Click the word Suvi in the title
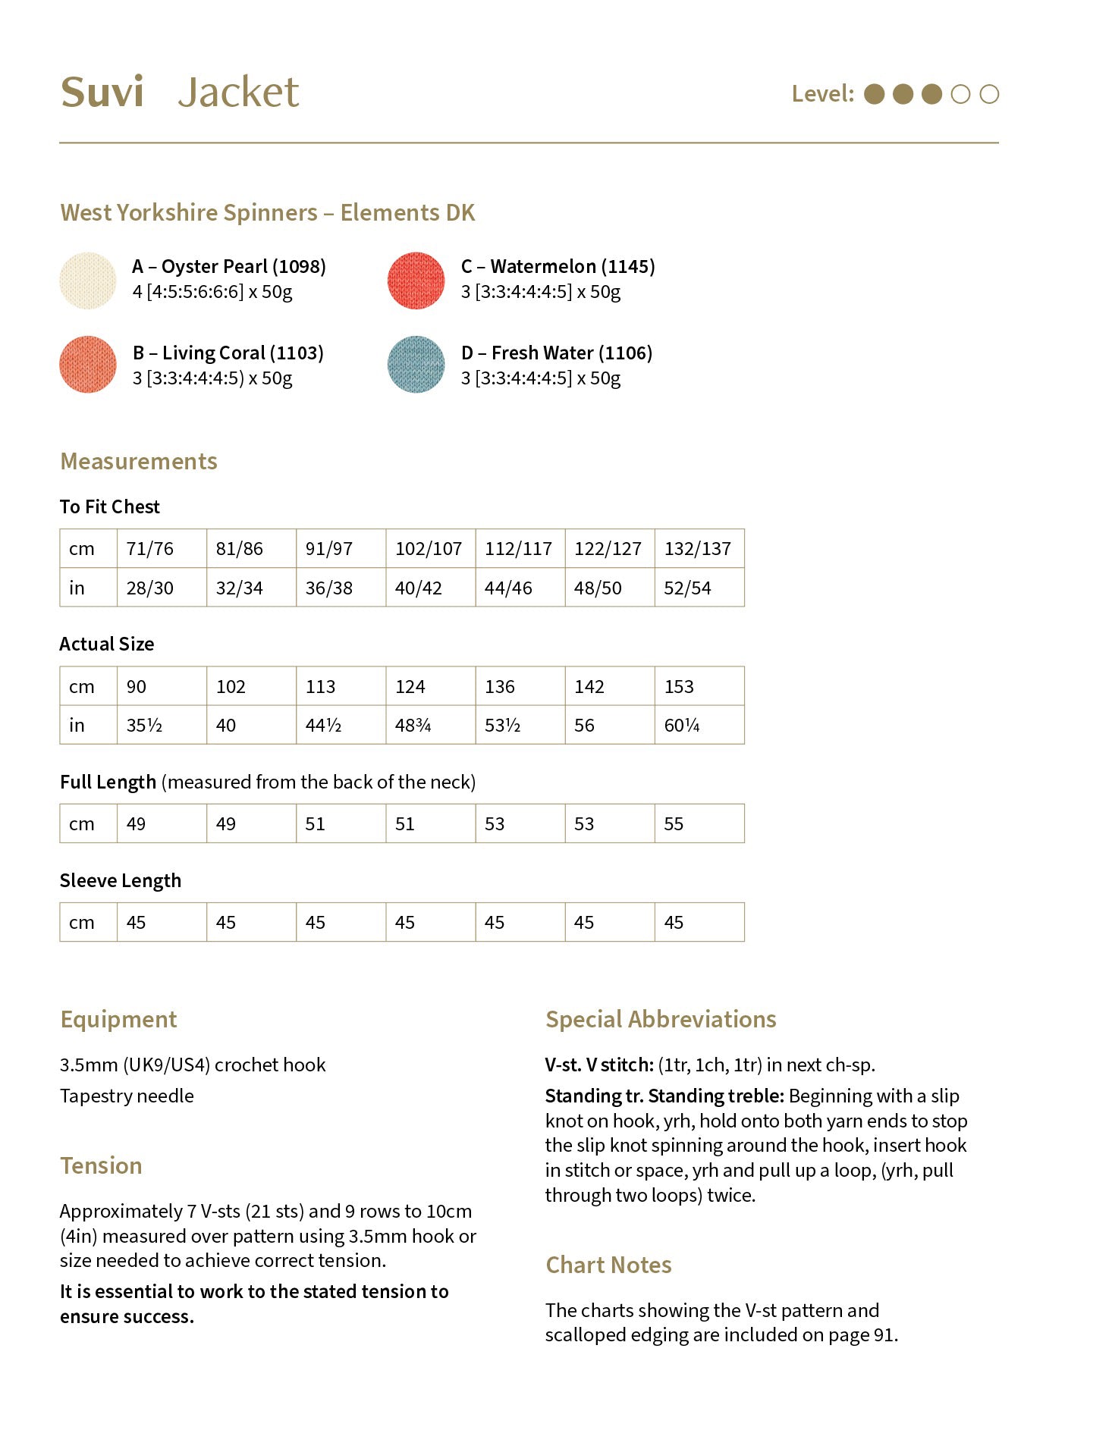click(102, 93)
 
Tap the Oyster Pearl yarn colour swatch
click(88, 281)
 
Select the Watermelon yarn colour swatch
click(416, 281)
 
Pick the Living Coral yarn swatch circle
click(88, 365)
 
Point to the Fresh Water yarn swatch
click(416, 365)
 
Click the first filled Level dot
click(875, 94)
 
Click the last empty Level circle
click(989, 94)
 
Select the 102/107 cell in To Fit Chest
click(429, 549)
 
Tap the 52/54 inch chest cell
click(687, 588)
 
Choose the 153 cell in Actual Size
click(679, 687)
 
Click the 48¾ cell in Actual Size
click(413, 726)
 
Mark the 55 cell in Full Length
click(674, 824)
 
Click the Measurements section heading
click(139, 462)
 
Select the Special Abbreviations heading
click(661, 1020)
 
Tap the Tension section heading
click(101, 1166)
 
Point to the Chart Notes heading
click(608, 1265)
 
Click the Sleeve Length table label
click(121, 881)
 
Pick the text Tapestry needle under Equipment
click(127, 1096)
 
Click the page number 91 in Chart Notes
click(884, 1335)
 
